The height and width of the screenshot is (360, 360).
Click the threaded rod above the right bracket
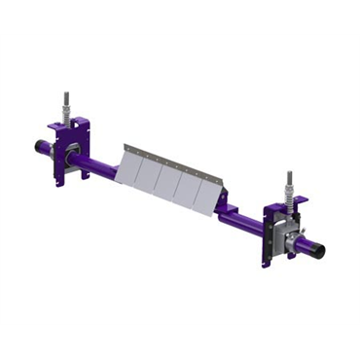click(289, 181)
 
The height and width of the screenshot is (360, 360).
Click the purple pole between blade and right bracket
click(244, 222)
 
